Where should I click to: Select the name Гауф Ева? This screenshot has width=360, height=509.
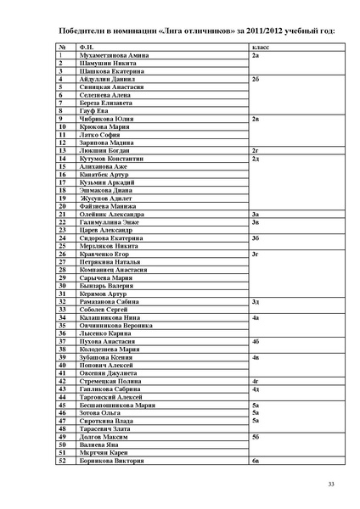pos(94,110)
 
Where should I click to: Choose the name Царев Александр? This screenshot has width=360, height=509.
pos(106,230)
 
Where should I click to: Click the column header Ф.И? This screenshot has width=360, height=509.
pos(85,47)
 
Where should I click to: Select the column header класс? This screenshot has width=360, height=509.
pos(261,47)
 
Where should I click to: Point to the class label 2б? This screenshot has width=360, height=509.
pos(256,79)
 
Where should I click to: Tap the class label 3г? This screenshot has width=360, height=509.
pos(256,254)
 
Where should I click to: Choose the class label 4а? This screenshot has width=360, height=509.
pos(256,317)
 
